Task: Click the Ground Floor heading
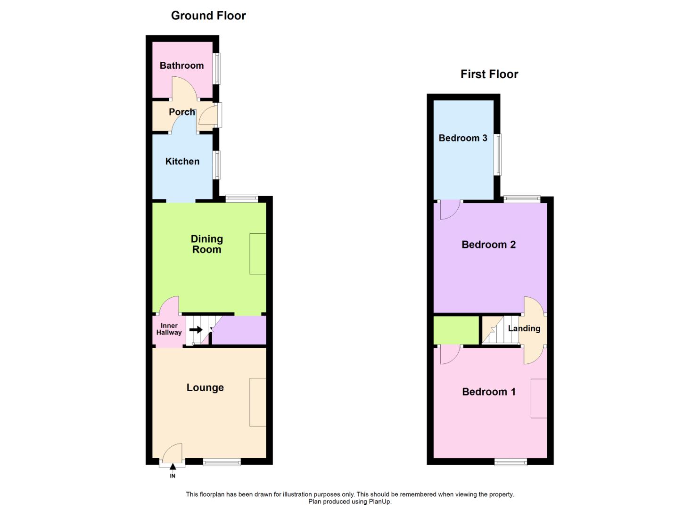208,16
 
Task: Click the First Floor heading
489,74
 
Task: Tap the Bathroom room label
181,66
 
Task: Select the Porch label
182,112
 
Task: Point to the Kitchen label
182,162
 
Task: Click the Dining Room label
207,244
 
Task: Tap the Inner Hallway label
169,329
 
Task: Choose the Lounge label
205,388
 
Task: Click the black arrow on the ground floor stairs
196,329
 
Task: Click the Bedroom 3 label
463,138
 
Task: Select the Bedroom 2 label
489,245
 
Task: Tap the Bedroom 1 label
489,392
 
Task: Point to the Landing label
524,328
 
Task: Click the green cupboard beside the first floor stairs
456,330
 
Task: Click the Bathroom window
216,69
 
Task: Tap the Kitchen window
216,165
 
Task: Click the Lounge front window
222,462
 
